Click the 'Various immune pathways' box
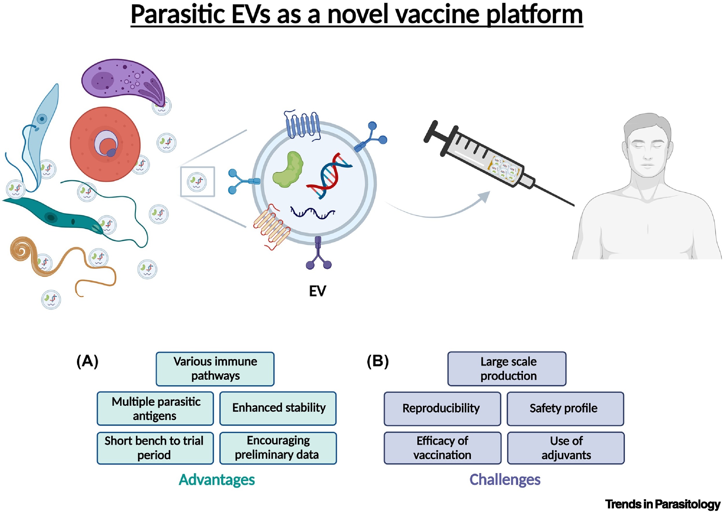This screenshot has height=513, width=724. point(215,369)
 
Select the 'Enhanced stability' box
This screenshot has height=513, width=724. point(278,408)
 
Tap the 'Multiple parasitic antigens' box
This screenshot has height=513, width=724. point(155,408)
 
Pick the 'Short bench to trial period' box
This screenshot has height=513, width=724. point(155,448)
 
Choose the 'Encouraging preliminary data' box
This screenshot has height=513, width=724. point(278,448)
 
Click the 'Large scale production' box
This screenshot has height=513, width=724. point(507,369)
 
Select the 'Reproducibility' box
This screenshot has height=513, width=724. point(442,408)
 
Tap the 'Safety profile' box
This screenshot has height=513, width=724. point(565,408)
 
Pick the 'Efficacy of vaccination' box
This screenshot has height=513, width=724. point(442,448)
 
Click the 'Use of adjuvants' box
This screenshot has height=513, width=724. point(566,448)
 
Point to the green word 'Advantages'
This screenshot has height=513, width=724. point(217,479)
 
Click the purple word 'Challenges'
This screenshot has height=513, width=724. point(504,479)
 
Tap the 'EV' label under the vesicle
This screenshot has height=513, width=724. point(317,291)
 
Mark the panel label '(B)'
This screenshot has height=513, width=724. point(378,361)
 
